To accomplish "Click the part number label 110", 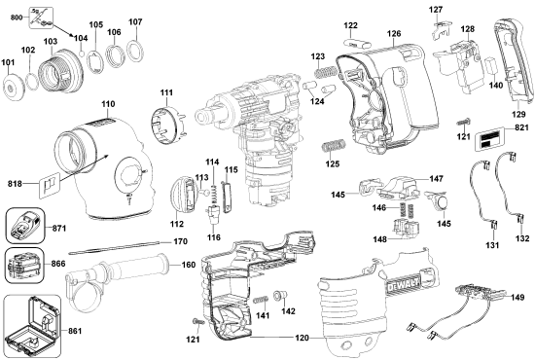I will coord(108,102).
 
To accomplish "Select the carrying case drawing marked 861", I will coord(29,327).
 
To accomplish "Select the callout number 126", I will coord(394,34).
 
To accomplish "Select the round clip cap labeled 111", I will coord(164,124).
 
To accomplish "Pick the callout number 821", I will coord(522,128).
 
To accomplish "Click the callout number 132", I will coord(522,238).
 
